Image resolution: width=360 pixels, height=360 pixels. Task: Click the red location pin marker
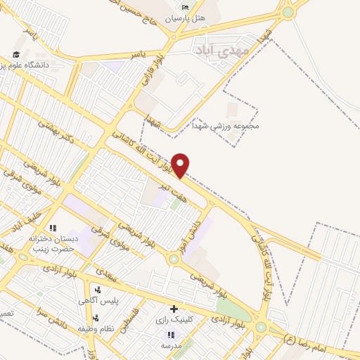(181, 165)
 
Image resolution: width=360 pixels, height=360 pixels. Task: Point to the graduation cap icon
(15, 55)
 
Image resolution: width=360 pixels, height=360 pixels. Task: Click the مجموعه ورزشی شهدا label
(226, 127)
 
